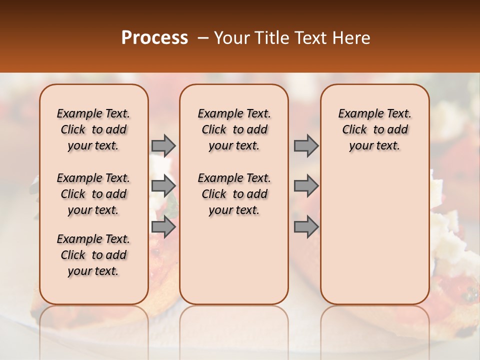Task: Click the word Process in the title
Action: [x=154, y=38]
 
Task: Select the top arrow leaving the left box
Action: [x=163, y=145]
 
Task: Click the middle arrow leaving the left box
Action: [x=163, y=186]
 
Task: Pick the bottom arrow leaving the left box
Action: [x=163, y=227]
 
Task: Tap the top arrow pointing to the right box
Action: [x=306, y=145]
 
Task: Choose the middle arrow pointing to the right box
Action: [x=306, y=186]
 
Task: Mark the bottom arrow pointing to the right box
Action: [x=306, y=227]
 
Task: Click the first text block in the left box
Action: [x=93, y=129]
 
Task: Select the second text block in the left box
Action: [x=93, y=194]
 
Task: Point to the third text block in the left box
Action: [x=93, y=255]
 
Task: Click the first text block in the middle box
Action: [x=234, y=129]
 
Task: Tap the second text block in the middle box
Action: [x=234, y=194]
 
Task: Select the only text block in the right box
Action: [x=375, y=129]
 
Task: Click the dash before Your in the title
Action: [x=203, y=38]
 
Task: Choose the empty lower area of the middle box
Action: [x=234, y=260]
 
